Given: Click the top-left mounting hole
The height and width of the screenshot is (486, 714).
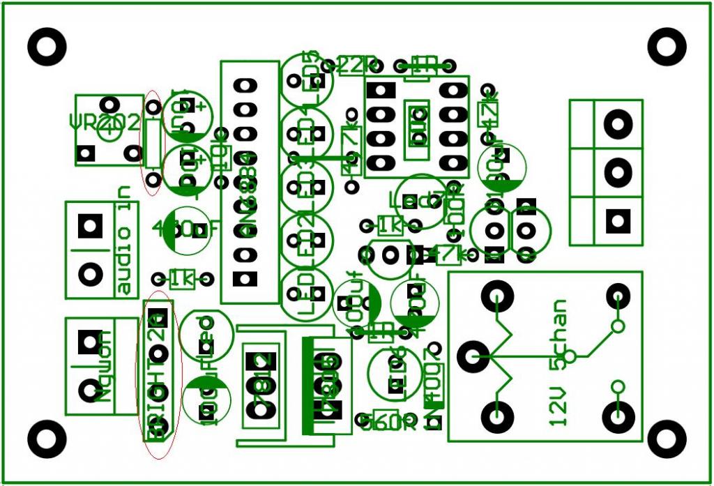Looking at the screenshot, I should click(x=47, y=47).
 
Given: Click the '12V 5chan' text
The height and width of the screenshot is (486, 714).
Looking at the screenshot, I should click(x=559, y=363).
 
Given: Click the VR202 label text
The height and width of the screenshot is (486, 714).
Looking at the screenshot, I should click(x=105, y=123).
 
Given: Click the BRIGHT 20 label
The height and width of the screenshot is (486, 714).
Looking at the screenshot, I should click(x=158, y=377).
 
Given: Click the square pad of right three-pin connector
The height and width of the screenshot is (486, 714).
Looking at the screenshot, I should click(x=616, y=221).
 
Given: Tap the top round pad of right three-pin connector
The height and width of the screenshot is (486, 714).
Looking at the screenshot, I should click(x=616, y=125).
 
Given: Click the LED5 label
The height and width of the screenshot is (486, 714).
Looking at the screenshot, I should click(x=314, y=74).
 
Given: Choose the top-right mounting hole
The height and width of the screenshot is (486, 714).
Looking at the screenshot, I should click(x=667, y=47).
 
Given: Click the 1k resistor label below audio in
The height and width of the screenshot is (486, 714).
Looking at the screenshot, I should click(x=182, y=280).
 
